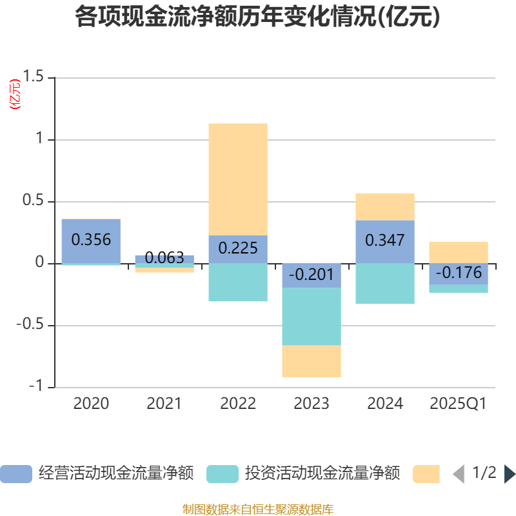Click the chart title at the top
coord(257,17)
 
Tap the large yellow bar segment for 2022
coord(238,179)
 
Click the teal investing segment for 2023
coord(312,316)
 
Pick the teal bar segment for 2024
coord(385,283)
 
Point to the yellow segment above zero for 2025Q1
coord(459,252)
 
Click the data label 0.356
coord(91,240)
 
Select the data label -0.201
coord(312,275)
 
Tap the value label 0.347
coord(385,241)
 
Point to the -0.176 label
coord(459,273)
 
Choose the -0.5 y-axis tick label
coord(30,325)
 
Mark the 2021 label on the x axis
coord(164,404)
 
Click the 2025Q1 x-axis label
coord(458,404)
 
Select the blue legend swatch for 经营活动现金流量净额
coord(16,474)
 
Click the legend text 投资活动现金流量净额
coord(322,473)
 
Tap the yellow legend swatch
coord(426,474)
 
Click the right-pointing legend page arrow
coord(510,474)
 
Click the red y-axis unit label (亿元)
coord(14,94)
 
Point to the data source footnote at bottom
coord(257,510)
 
